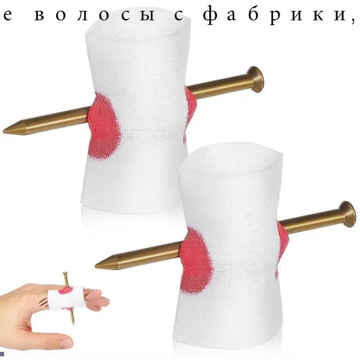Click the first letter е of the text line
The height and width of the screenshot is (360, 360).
pyautogui.click(x=8, y=17)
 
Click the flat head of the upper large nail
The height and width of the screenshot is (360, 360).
pyautogui.click(x=257, y=79)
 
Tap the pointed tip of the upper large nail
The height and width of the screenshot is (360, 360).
pyautogui.click(x=4, y=132)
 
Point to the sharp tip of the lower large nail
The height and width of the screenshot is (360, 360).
pyautogui.click(x=96, y=266)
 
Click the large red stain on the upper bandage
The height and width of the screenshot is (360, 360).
pyautogui.click(x=104, y=126)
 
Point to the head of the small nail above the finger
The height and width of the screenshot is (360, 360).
pyautogui.click(x=65, y=273)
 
